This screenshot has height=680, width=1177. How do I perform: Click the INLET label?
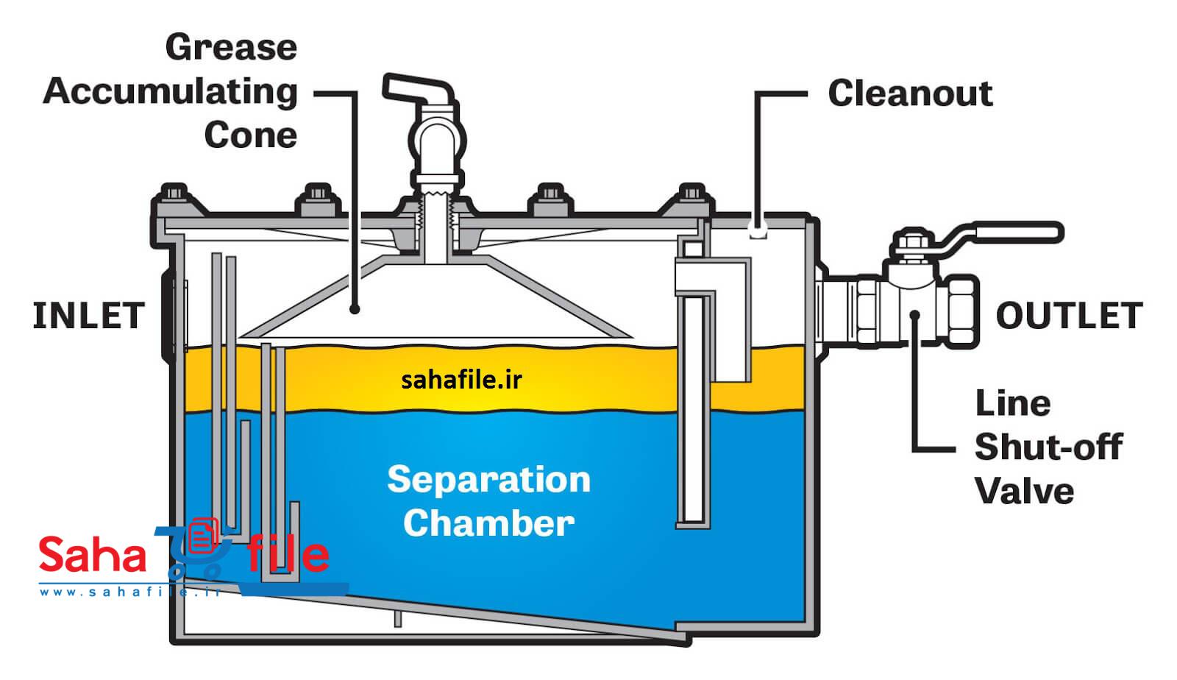tap(88, 315)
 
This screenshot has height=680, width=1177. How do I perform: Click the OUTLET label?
tap(1070, 315)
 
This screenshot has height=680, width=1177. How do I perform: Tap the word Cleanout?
tap(910, 93)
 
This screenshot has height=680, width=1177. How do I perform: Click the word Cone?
tap(251, 135)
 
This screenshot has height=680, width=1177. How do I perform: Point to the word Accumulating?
tap(170, 93)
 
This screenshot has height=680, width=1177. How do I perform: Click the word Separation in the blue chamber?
tap(488, 480)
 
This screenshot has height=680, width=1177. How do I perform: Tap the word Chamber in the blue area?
tap(488, 523)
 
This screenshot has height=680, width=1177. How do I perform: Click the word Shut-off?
tap(1049, 447)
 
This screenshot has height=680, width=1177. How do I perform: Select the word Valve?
tap(1025, 492)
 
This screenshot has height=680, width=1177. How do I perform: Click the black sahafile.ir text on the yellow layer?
tap(461, 380)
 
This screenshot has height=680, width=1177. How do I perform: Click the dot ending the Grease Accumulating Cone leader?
tap(355, 310)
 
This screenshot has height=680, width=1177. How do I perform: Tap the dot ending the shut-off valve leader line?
tap(915, 315)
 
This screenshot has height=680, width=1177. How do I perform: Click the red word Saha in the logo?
tap(93, 555)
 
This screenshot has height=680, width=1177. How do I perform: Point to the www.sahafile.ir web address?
tap(130, 592)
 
